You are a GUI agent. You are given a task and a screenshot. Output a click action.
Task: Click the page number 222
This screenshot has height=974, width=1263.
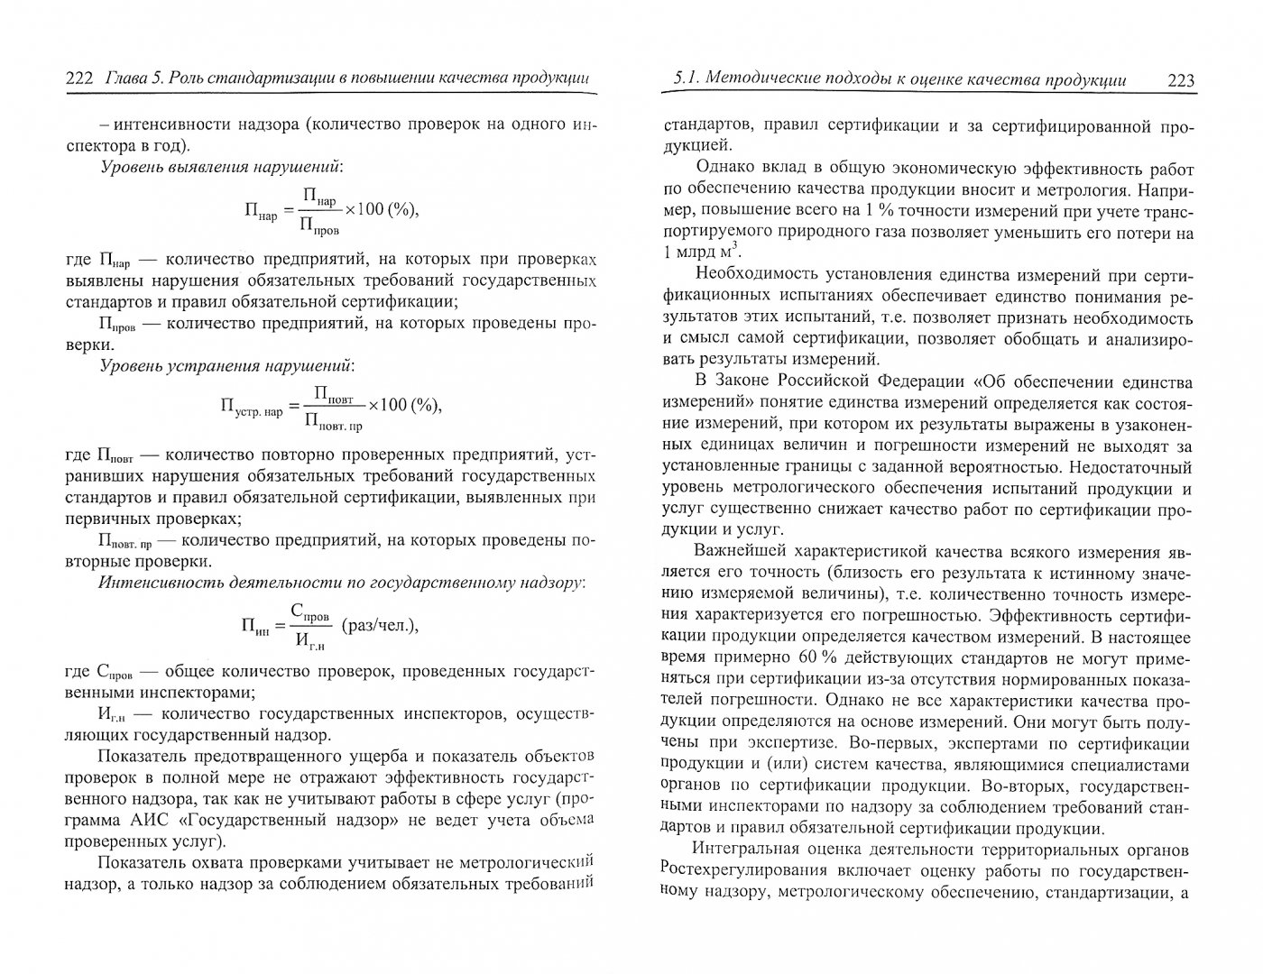coord(79,80)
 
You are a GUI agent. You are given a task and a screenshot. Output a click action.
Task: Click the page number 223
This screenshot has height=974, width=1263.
coord(1180,80)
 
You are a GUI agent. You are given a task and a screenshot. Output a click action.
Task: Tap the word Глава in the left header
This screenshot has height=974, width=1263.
coord(124,80)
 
